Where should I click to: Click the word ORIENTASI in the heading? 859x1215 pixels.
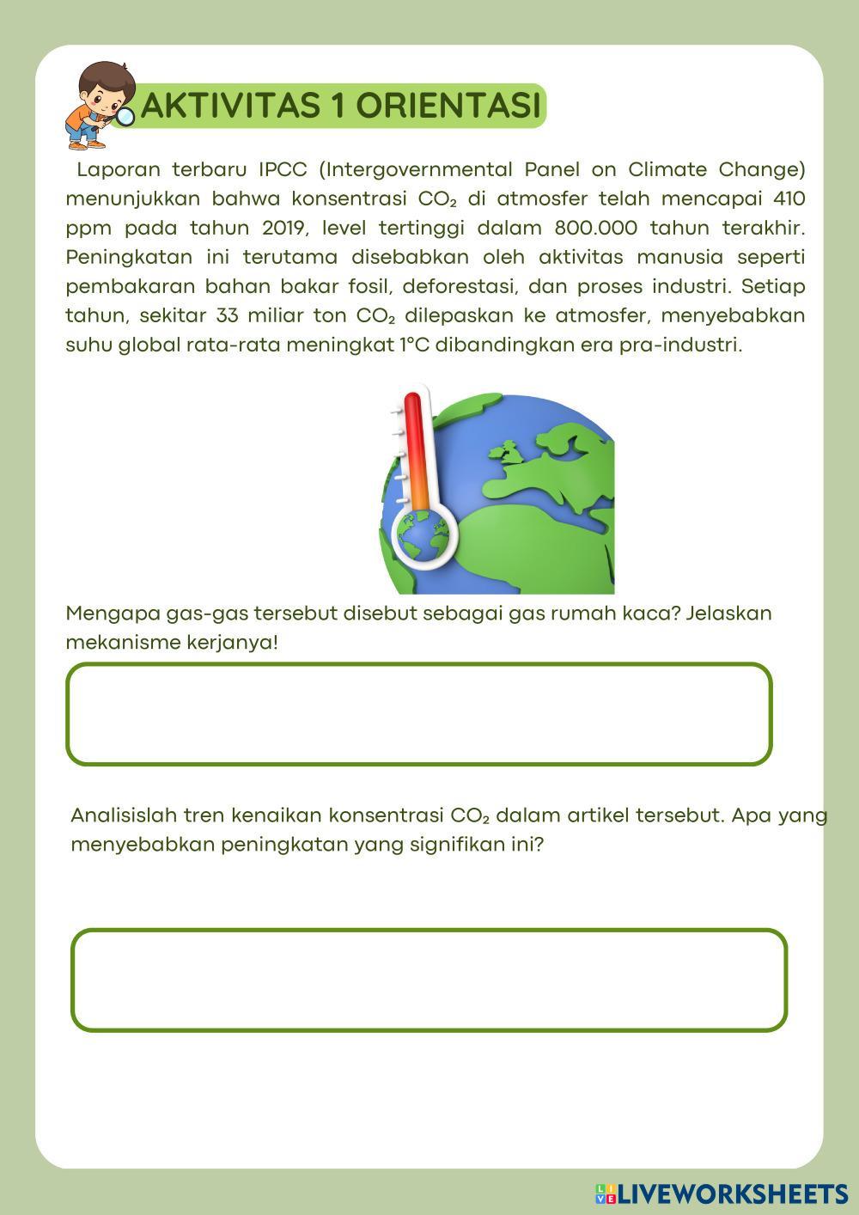[x=448, y=106]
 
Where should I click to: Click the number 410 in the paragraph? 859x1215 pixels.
[x=789, y=198]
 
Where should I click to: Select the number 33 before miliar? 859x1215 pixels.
[x=228, y=315]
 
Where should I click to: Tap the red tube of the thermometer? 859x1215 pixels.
[x=415, y=447]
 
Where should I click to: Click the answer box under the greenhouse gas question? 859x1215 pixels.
[x=418, y=714]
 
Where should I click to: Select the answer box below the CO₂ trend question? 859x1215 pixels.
[x=429, y=980]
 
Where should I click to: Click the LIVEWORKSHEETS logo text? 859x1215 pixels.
[x=732, y=1194]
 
